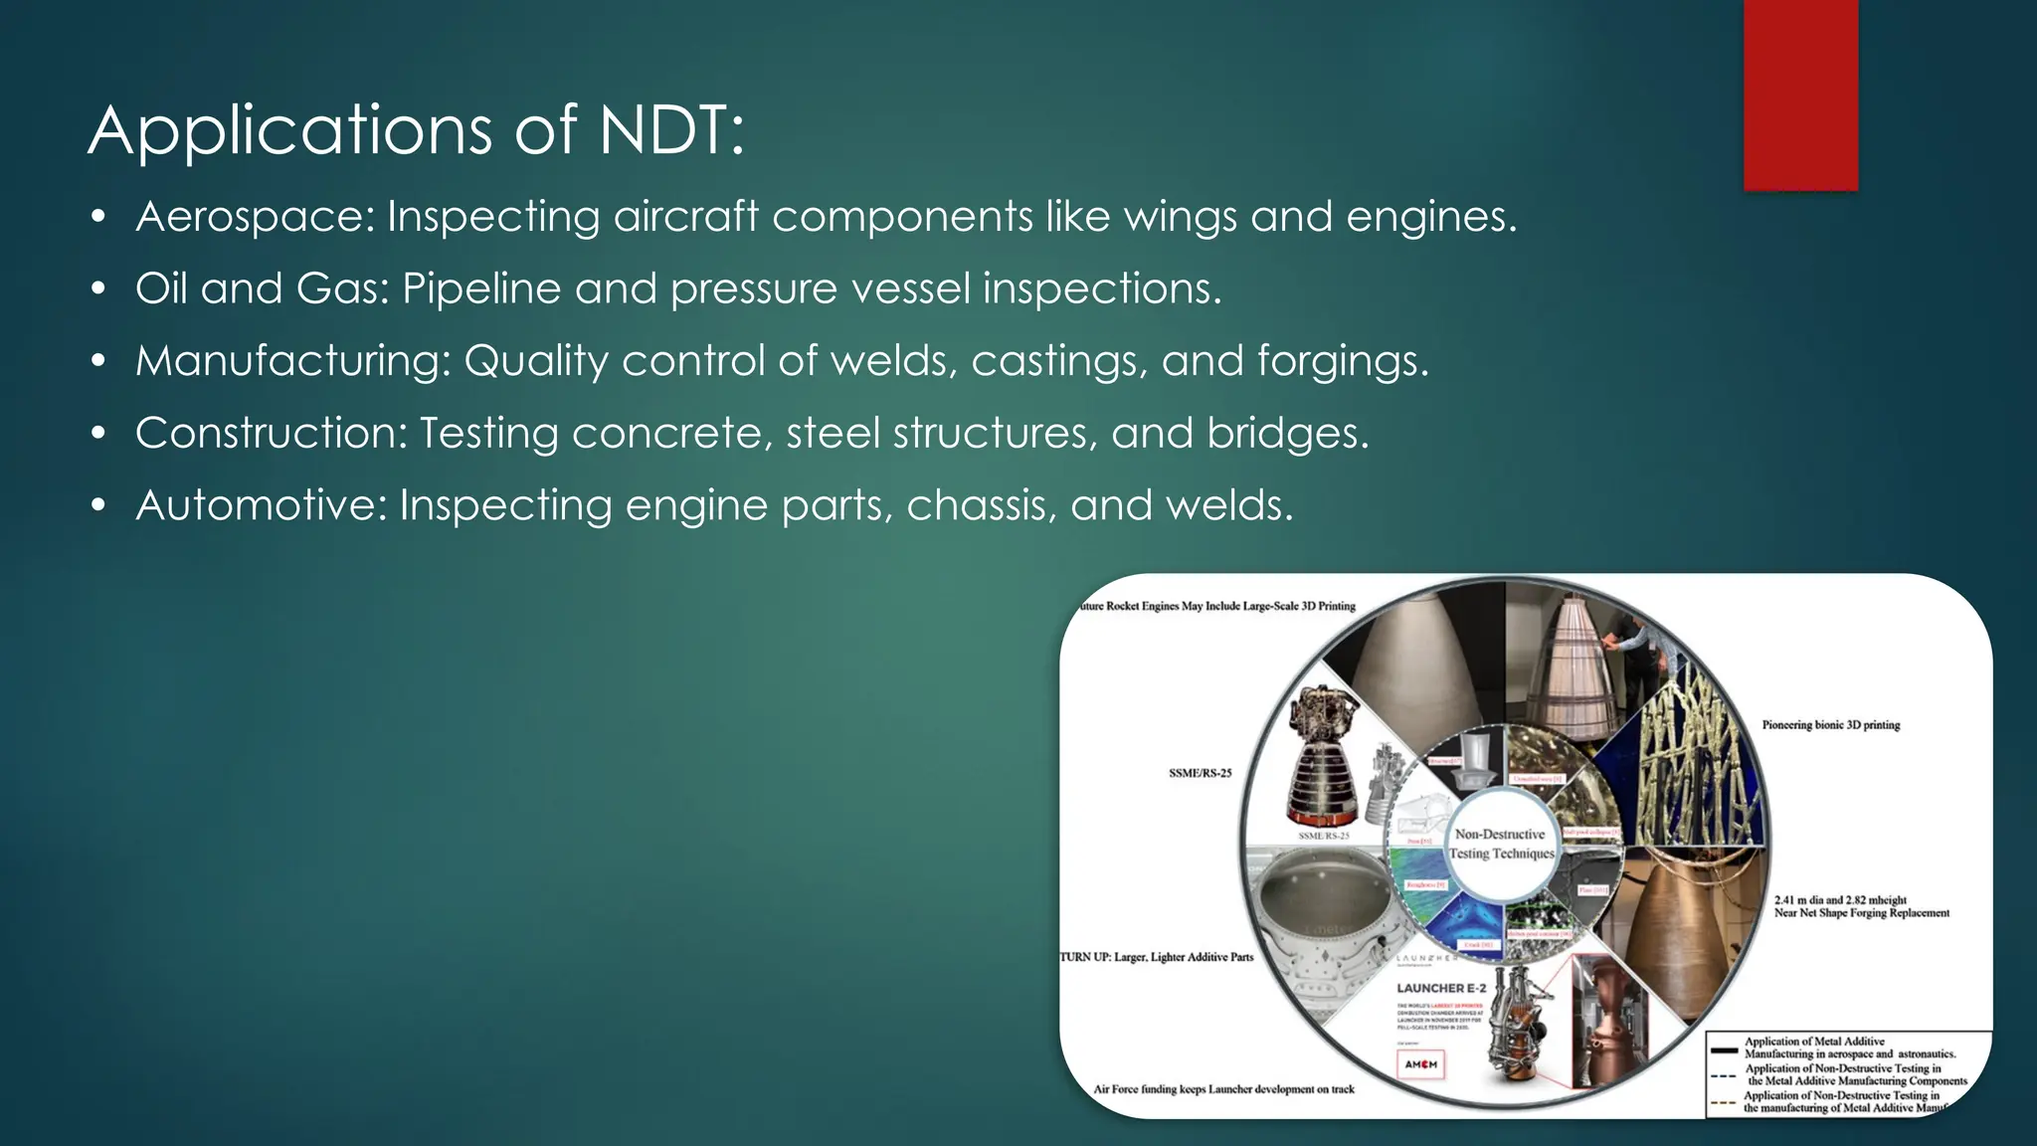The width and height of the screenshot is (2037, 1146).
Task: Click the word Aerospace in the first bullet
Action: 255,217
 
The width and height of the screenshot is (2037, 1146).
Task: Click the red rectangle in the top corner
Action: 1800,95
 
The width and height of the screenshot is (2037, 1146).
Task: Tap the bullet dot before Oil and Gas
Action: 97,289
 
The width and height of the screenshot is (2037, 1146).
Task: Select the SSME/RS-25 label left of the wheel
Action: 1200,773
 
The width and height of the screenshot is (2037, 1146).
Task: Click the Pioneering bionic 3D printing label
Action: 1830,725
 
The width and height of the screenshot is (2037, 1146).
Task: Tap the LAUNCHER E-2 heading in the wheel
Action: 1441,988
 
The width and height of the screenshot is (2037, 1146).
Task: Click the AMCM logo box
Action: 1420,1064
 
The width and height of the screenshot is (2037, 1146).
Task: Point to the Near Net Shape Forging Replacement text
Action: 1861,913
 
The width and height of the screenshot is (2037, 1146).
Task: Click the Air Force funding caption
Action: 1223,1089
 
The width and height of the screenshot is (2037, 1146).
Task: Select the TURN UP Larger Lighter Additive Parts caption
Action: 1157,957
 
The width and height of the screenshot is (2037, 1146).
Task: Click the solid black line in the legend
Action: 1723,1049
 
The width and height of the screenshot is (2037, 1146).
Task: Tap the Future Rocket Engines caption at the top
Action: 1217,606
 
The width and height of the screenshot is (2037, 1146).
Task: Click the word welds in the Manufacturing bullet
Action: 893,361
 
